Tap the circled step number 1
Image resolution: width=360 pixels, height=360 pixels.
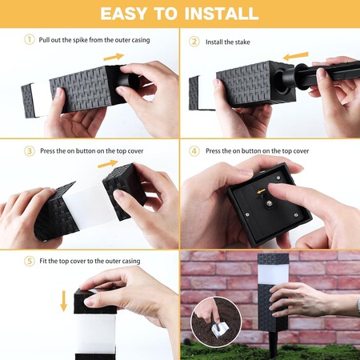30,40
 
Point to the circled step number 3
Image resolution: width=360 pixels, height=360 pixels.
30,150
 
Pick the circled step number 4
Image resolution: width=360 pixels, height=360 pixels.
194,150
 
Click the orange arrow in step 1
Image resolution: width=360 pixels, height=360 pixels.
114,57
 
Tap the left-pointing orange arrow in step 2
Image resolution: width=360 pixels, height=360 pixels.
297,56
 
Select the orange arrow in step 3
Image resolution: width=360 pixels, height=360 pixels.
107,163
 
